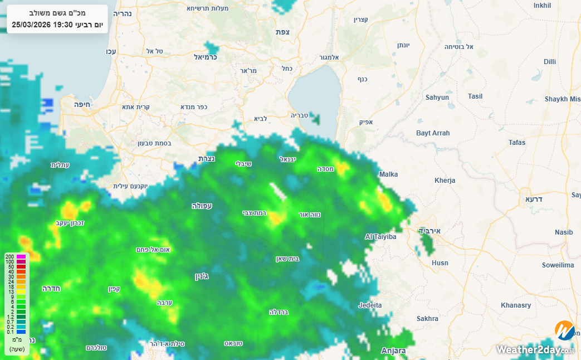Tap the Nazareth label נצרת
pyautogui.click(x=207, y=159)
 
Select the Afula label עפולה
pyautogui.click(x=202, y=206)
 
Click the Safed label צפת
pyautogui.click(x=282, y=32)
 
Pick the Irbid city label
pyautogui.click(x=430, y=231)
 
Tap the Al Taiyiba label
pyautogui.click(x=380, y=237)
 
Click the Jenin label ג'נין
pyautogui.click(x=202, y=276)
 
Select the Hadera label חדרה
pyautogui.click(x=51, y=289)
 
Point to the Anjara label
pyautogui.click(x=393, y=351)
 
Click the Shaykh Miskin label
pyautogui.click(x=563, y=99)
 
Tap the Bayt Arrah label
pyautogui.click(x=433, y=133)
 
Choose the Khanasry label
pyautogui.click(x=516, y=305)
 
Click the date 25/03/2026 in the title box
pyautogui.click(x=31, y=25)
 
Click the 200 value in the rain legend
pyautogui.click(x=9, y=256)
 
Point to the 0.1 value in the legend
pyautogui.click(x=10, y=332)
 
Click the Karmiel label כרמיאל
pyautogui.click(x=205, y=57)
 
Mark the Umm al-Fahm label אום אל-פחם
pyautogui.click(x=153, y=250)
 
